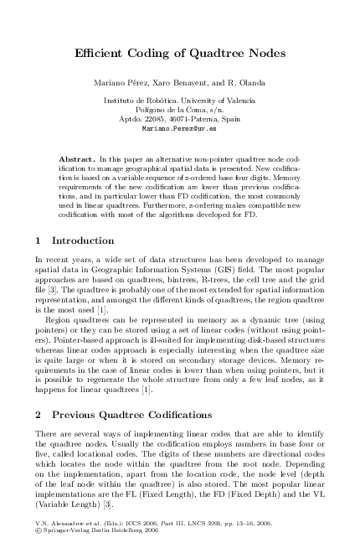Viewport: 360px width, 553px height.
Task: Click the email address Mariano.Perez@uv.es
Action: (x=180, y=129)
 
